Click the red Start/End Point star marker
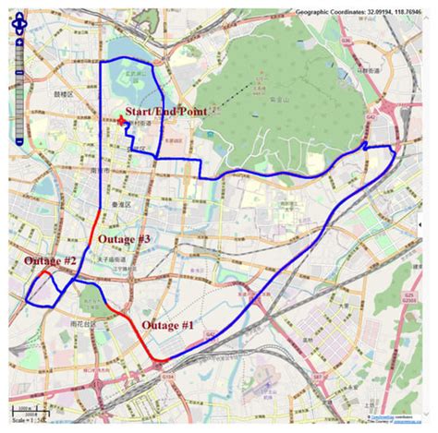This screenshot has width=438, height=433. [x=122, y=121]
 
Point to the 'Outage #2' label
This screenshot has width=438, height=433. [x=50, y=261]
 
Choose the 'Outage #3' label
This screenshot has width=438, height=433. [x=119, y=240]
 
